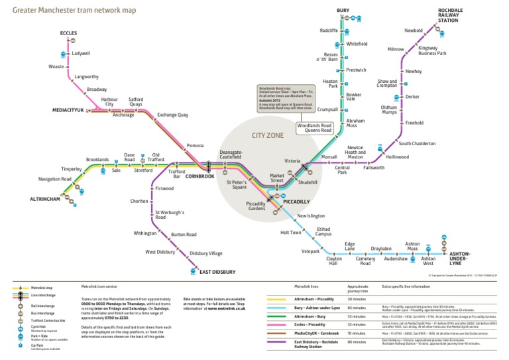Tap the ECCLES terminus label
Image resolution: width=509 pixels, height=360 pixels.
[x=68, y=32]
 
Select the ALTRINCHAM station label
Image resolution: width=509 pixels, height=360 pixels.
[x=44, y=199]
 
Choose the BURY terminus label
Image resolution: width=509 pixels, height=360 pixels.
[x=343, y=11]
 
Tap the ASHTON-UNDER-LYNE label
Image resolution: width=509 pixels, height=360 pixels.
[x=459, y=257]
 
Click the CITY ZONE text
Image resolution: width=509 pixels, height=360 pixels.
[x=268, y=136]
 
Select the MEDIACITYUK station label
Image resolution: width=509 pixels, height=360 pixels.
[x=68, y=110]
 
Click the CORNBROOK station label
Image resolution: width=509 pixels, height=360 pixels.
[x=199, y=176]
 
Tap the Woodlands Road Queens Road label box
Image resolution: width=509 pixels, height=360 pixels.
[x=314, y=127]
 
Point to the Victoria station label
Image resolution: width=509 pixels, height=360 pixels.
[x=292, y=160]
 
